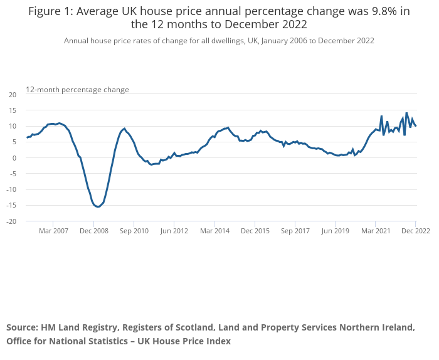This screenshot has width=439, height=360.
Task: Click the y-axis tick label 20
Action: click(12, 95)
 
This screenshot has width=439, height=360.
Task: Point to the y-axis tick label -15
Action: click(11, 206)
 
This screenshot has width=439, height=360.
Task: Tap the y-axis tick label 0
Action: click(14, 158)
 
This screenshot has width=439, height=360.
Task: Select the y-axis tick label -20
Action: click(11, 221)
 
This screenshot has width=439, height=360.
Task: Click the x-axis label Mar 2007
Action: click(53, 231)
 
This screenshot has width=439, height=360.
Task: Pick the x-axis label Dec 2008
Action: click(94, 231)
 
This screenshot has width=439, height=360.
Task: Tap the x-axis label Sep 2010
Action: click(134, 231)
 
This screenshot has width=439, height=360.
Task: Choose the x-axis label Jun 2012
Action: click(174, 231)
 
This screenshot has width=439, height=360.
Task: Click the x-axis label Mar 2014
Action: click(214, 231)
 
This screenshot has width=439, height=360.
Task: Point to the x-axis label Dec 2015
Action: click(255, 231)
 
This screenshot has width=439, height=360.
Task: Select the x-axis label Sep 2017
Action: click(295, 231)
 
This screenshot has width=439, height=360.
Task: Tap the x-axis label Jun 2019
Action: click(335, 231)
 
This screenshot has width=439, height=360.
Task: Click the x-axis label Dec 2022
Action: click(416, 231)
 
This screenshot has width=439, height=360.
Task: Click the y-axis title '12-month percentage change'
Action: click(77, 90)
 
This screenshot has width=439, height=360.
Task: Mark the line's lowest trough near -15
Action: click(98, 206)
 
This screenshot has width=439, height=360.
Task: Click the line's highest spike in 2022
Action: click(406, 113)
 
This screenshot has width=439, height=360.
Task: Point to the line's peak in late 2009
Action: click(124, 129)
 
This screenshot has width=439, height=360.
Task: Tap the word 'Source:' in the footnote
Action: click(22, 327)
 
